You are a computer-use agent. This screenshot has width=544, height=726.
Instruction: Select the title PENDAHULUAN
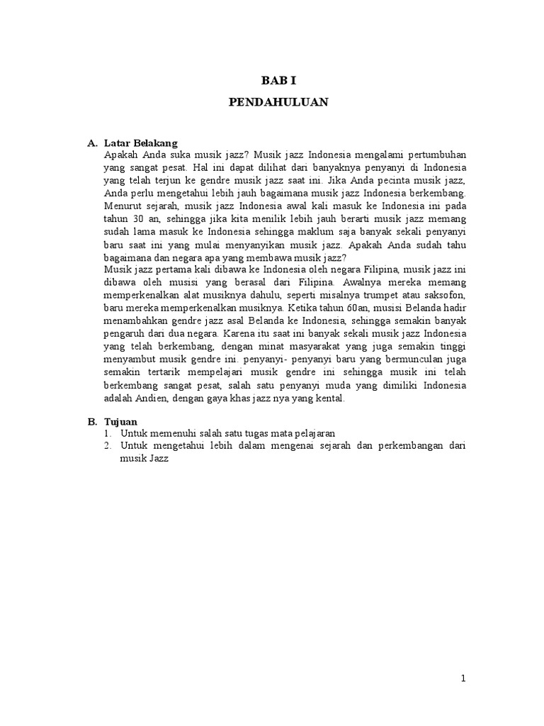coord(278,102)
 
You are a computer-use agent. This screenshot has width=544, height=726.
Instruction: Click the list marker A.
coord(92,143)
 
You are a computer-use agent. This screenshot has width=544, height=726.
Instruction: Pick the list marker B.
coord(92,421)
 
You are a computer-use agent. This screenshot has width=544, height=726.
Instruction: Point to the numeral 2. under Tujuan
coord(108,445)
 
